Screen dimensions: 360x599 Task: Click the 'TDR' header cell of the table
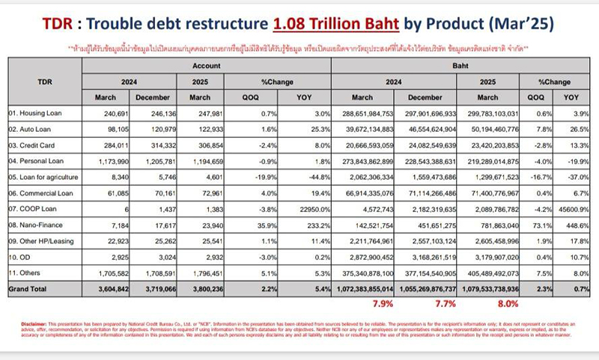(x=44, y=81)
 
